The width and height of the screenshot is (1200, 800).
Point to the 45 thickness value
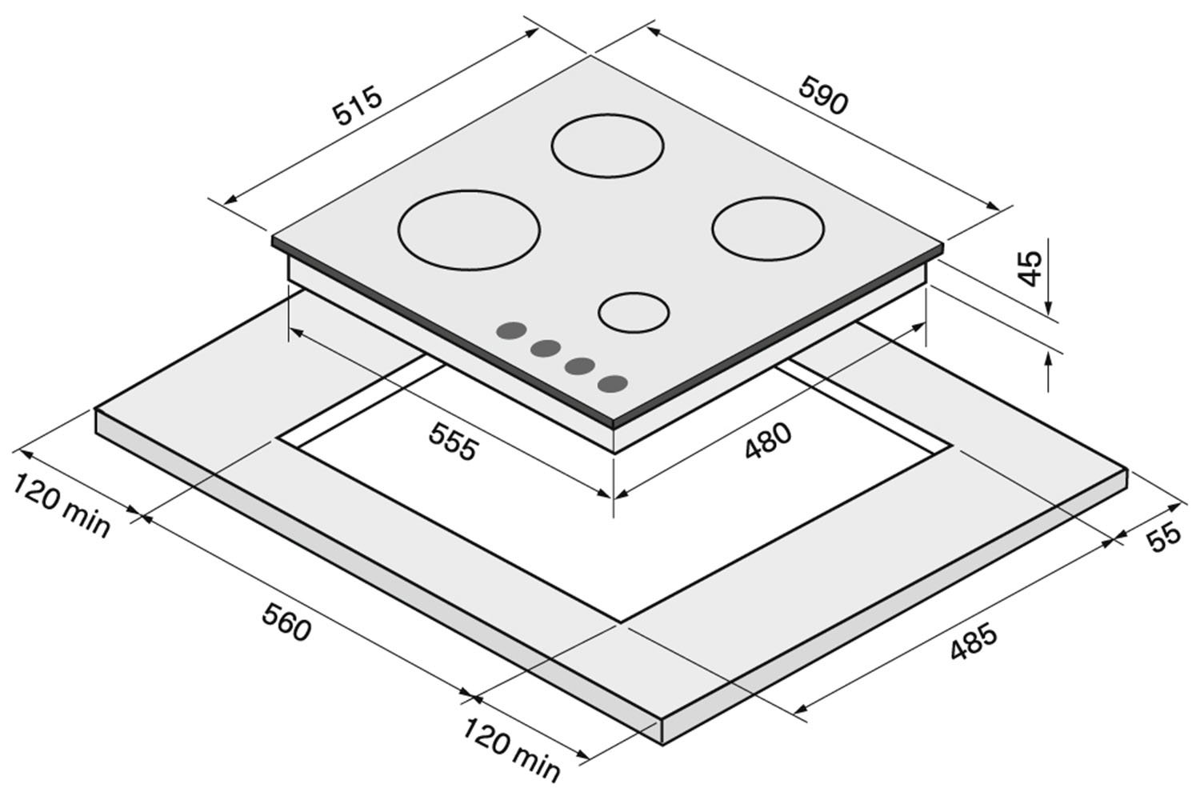(1030, 268)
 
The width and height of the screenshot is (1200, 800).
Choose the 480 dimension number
(768, 441)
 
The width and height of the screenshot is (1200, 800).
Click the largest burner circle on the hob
(468, 230)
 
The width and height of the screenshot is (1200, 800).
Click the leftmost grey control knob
(510, 330)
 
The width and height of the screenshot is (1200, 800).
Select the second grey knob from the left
(545, 348)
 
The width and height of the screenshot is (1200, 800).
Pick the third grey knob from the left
(579, 366)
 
